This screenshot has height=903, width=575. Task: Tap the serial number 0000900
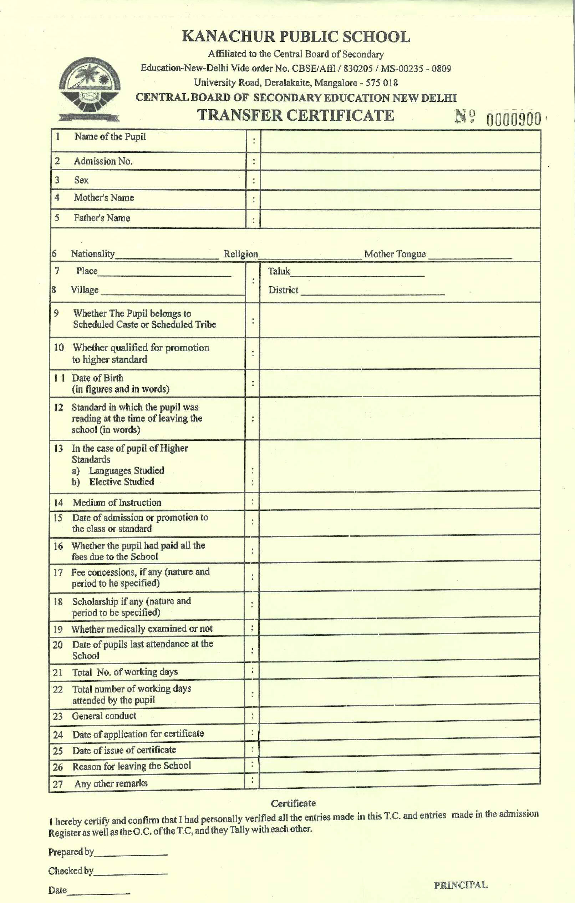[514, 120]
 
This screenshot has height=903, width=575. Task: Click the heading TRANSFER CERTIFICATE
[296, 115]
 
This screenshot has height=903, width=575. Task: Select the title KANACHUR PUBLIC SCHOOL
[296, 37]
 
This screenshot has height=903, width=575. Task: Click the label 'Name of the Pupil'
[110, 136]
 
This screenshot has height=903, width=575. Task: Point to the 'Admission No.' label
[103, 161]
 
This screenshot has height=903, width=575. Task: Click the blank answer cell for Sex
[400, 180]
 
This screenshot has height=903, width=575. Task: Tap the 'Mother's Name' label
[104, 198]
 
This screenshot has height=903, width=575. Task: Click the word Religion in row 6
[241, 254]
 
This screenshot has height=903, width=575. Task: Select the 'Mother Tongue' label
[395, 254]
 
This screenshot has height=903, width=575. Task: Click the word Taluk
[279, 271]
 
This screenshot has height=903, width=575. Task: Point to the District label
[283, 290]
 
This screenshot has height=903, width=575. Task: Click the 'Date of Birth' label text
[97, 378]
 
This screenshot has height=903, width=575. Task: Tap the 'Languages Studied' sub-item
[126, 471]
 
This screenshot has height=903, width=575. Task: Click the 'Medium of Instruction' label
[117, 503]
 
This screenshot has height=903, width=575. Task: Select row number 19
[58, 629]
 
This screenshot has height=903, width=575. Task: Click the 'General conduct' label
[104, 716]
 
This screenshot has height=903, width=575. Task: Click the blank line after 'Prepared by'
[131, 853]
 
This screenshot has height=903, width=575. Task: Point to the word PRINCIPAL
[460, 886]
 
